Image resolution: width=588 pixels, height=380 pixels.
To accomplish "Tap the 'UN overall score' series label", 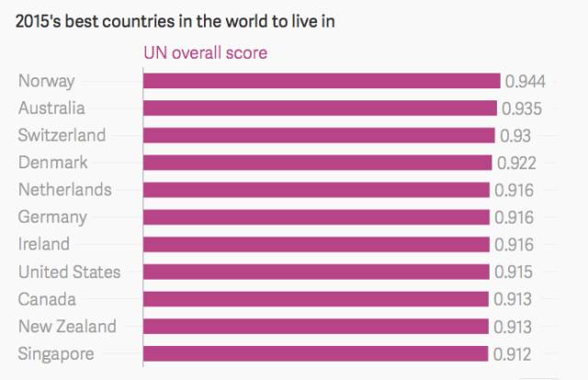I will click(x=206, y=53).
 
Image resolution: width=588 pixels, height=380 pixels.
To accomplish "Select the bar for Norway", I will click(x=322, y=81).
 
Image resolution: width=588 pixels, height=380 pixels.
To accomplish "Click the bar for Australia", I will click(x=320, y=109).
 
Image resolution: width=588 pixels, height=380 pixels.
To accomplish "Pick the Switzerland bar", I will click(x=319, y=136).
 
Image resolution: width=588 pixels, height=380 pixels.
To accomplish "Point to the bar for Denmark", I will click(x=317, y=163).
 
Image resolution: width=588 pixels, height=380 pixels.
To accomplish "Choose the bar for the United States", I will click(x=316, y=272).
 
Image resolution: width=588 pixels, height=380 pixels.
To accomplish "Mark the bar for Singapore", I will click(x=315, y=353).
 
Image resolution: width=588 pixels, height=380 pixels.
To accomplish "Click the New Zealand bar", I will click(x=316, y=327).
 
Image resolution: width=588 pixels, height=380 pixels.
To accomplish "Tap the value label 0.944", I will click(x=523, y=81).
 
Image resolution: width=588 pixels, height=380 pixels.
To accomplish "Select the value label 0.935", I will click(x=521, y=109).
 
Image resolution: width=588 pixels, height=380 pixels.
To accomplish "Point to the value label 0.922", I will click(x=516, y=164).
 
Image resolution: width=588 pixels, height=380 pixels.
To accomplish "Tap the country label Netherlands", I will click(x=65, y=190).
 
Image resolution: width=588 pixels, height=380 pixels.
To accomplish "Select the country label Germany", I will click(x=53, y=217).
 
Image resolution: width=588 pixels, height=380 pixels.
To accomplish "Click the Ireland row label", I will click(x=44, y=245).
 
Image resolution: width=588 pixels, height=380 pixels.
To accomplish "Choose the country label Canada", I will click(x=47, y=299).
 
